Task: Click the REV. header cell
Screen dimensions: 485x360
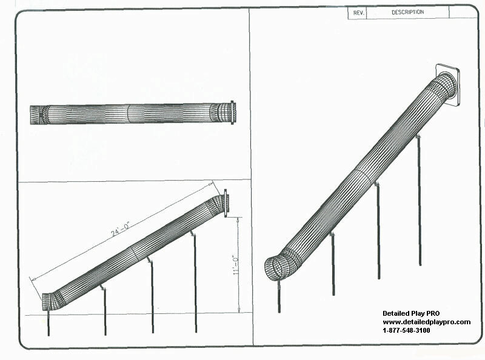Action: click(x=358, y=13)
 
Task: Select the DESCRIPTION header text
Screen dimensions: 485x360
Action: click(x=407, y=12)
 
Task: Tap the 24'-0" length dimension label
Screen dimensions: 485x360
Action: click(x=120, y=229)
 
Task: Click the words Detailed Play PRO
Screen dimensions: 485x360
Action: click(x=411, y=313)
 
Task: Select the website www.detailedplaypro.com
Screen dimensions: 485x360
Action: click(x=427, y=322)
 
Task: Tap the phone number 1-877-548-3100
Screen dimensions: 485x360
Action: click(x=406, y=331)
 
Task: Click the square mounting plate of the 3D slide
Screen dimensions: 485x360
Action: click(x=447, y=84)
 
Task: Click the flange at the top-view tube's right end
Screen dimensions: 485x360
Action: click(x=233, y=113)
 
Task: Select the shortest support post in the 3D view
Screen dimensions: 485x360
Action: click(x=279, y=296)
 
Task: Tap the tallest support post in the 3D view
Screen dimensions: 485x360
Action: click(x=420, y=201)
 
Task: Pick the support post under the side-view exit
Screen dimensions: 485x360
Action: click(x=48, y=323)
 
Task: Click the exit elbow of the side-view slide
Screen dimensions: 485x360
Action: click(x=53, y=300)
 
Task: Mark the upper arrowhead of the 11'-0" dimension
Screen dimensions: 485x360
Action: click(x=238, y=219)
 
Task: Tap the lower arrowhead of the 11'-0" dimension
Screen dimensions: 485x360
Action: click(x=239, y=310)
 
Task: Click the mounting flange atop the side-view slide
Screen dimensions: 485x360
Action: click(x=226, y=202)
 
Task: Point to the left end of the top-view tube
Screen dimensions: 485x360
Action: click(x=31, y=115)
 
